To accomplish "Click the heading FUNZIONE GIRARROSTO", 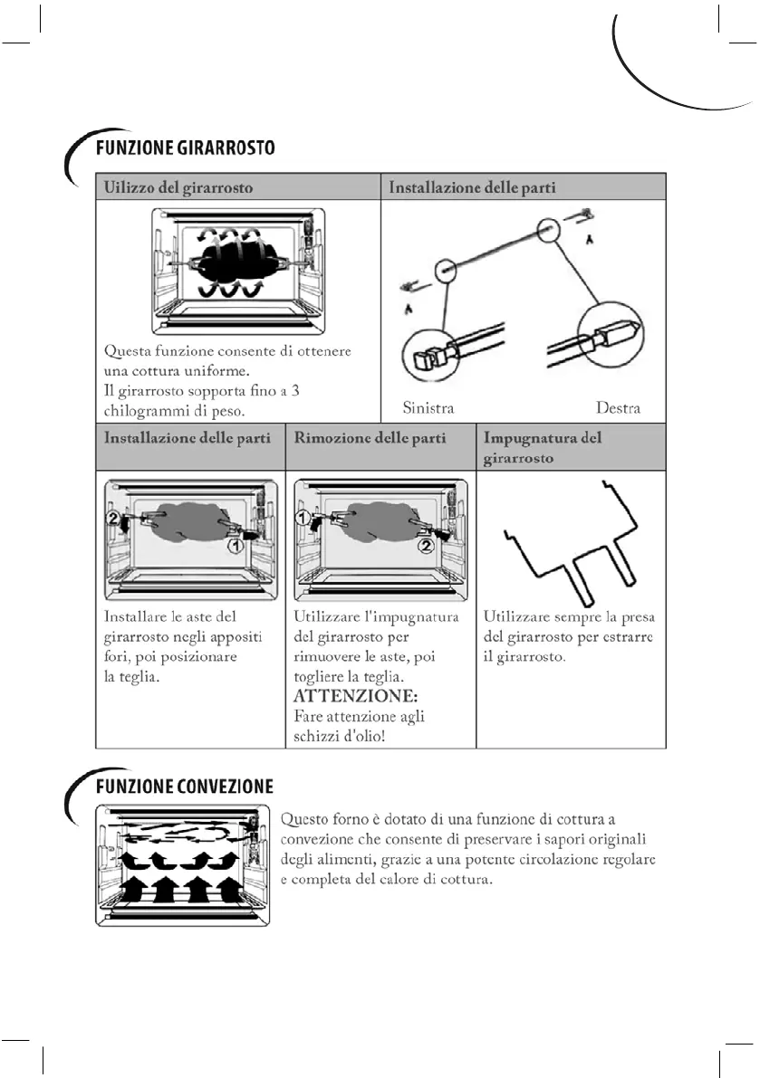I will pyautogui.click(x=185, y=147).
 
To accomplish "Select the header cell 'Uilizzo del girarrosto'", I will pyautogui.click(x=179, y=187).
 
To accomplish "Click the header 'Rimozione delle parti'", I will pyautogui.click(x=370, y=438).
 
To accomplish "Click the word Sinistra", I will pyautogui.click(x=428, y=408).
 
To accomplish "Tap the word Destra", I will pyautogui.click(x=618, y=408).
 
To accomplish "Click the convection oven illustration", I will pyautogui.click(x=185, y=866).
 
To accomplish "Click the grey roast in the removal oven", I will pyautogui.click(x=376, y=524).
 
